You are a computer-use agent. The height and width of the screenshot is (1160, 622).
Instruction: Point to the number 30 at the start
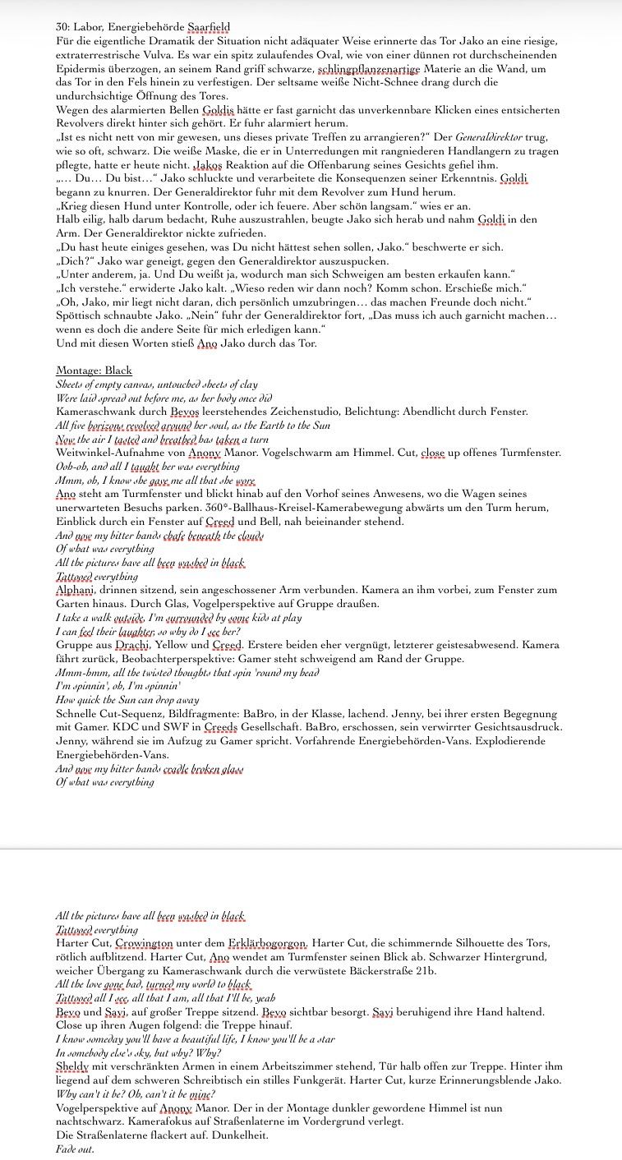click(62, 28)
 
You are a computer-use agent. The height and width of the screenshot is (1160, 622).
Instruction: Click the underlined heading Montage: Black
click(94, 371)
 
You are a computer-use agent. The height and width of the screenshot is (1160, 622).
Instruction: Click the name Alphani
click(78, 590)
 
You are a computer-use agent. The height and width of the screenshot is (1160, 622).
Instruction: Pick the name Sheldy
click(74, 1066)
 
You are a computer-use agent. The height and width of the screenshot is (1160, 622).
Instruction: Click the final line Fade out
click(75, 1148)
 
